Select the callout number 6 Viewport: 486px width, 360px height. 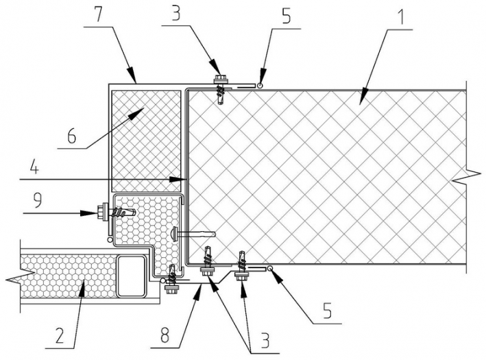click(71, 136)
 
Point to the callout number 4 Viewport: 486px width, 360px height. click(34, 169)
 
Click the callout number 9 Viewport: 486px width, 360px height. click(37, 201)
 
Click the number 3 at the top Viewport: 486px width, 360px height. click(175, 14)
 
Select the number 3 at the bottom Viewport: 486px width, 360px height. click(265, 340)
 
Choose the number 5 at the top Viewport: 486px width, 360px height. click(286, 16)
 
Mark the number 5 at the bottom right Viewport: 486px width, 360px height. click(327, 311)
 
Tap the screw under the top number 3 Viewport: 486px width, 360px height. click(220, 89)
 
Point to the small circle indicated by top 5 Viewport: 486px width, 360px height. click(260, 85)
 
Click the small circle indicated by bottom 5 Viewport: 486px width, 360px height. click(270, 268)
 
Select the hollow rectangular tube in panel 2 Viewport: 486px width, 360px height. click(132, 276)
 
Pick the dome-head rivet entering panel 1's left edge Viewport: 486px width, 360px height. click(193, 233)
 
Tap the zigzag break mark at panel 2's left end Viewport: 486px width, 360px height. click(20, 275)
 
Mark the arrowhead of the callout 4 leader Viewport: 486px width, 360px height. click(179, 179)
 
